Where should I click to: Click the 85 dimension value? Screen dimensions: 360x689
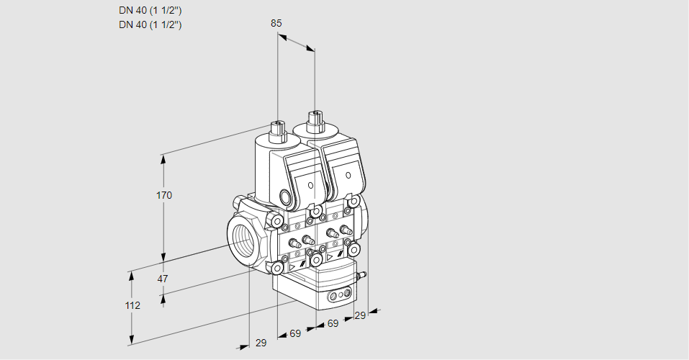point(276,23)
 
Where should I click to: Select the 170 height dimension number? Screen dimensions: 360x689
point(164,195)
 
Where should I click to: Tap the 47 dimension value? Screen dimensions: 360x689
point(163,279)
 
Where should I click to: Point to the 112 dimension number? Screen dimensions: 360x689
point(132,305)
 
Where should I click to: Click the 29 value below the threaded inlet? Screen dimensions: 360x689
point(261,343)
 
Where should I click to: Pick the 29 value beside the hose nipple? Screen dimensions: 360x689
point(360,315)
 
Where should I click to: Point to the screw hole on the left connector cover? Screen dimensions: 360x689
point(311,185)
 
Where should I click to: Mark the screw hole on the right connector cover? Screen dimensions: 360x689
point(348,175)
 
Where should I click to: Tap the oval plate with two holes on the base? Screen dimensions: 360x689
point(339,295)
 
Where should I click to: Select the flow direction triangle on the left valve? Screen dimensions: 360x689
point(293,266)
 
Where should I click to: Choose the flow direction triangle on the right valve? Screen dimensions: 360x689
point(330,256)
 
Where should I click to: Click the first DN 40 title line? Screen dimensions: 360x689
point(150,10)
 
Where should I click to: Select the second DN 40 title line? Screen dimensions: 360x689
point(150,24)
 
